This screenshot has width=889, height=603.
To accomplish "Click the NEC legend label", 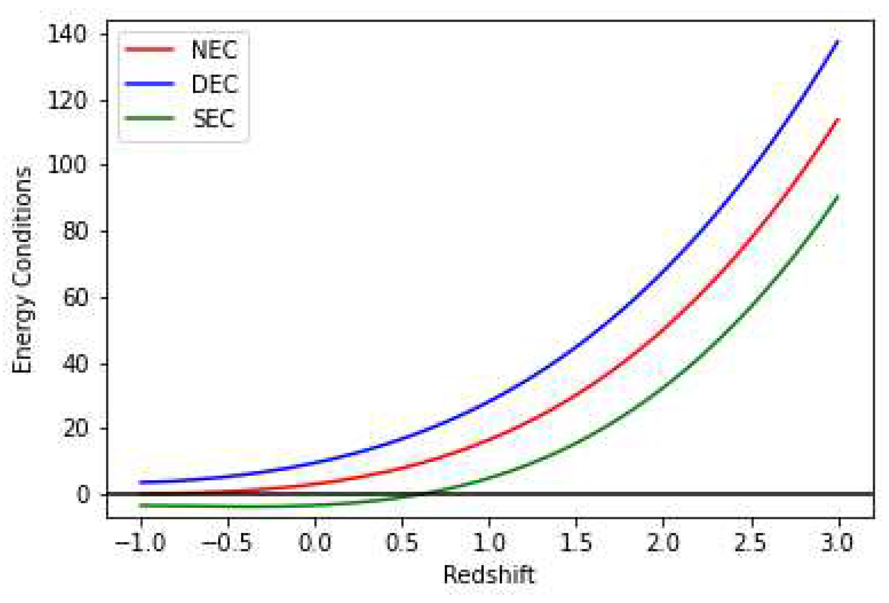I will [x=214, y=50].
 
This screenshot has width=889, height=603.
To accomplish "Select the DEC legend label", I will [x=215, y=84].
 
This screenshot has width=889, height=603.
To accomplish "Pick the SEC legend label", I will [x=214, y=119].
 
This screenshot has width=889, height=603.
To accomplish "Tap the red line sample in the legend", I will [x=150, y=49].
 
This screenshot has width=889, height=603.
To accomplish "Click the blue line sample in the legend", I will [x=150, y=84].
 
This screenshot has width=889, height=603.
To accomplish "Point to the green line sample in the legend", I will [x=150, y=118].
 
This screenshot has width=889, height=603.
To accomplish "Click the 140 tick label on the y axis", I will [x=68, y=34].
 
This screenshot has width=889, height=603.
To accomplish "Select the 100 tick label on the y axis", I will [x=68, y=165].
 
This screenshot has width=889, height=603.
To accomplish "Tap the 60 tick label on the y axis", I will [x=76, y=297].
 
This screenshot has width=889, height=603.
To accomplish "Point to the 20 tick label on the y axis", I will [x=76, y=429].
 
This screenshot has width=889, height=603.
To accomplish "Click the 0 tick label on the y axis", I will [x=83, y=494].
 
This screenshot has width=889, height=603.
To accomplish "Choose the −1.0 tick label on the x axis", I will [x=140, y=543].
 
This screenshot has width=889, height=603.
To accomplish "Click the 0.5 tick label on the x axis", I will [x=402, y=543].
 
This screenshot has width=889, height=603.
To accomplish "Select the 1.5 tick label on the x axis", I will [x=576, y=543].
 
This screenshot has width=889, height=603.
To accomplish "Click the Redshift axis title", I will [x=489, y=575].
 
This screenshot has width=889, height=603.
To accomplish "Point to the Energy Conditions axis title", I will [x=22, y=271].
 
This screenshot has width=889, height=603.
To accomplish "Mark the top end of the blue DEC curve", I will [x=838, y=41].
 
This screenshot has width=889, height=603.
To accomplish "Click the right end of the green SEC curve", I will [x=838, y=196].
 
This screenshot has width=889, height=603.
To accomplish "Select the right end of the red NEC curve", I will [x=838, y=120].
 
